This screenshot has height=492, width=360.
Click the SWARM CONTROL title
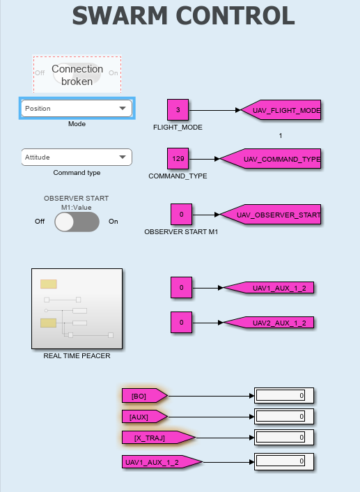(x=183, y=16)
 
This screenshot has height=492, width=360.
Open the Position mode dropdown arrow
(x=123, y=108)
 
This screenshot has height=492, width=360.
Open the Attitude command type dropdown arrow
(x=123, y=157)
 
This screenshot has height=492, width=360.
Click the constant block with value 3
(x=178, y=110)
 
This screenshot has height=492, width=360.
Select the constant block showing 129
(x=178, y=158)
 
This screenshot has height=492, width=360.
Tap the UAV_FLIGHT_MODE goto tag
(x=281, y=110)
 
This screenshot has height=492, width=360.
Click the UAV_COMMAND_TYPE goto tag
(x=270, y=159)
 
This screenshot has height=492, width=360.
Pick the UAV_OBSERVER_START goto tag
(x=270, y=215)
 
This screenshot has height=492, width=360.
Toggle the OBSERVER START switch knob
(x=65, y=222)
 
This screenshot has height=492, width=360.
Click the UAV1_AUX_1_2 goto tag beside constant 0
(x=269, y=288)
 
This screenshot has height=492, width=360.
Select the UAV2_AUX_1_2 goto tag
(x=269, y=323)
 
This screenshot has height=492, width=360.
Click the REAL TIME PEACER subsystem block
(x=77, y=309)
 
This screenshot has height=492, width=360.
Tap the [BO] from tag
(x=145, y=396)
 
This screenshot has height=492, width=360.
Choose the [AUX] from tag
(x=145, y=417)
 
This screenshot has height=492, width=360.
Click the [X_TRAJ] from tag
(x=159, y=438)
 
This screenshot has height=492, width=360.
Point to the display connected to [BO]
(x=284, y=395)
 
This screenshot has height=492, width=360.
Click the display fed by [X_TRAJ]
(x=284, y=437)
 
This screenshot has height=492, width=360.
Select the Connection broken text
(x=77, y=75)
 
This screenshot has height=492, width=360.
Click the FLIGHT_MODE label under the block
(x=178, y=128)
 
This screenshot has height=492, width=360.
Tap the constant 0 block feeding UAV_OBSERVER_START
(x=181, y=215)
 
